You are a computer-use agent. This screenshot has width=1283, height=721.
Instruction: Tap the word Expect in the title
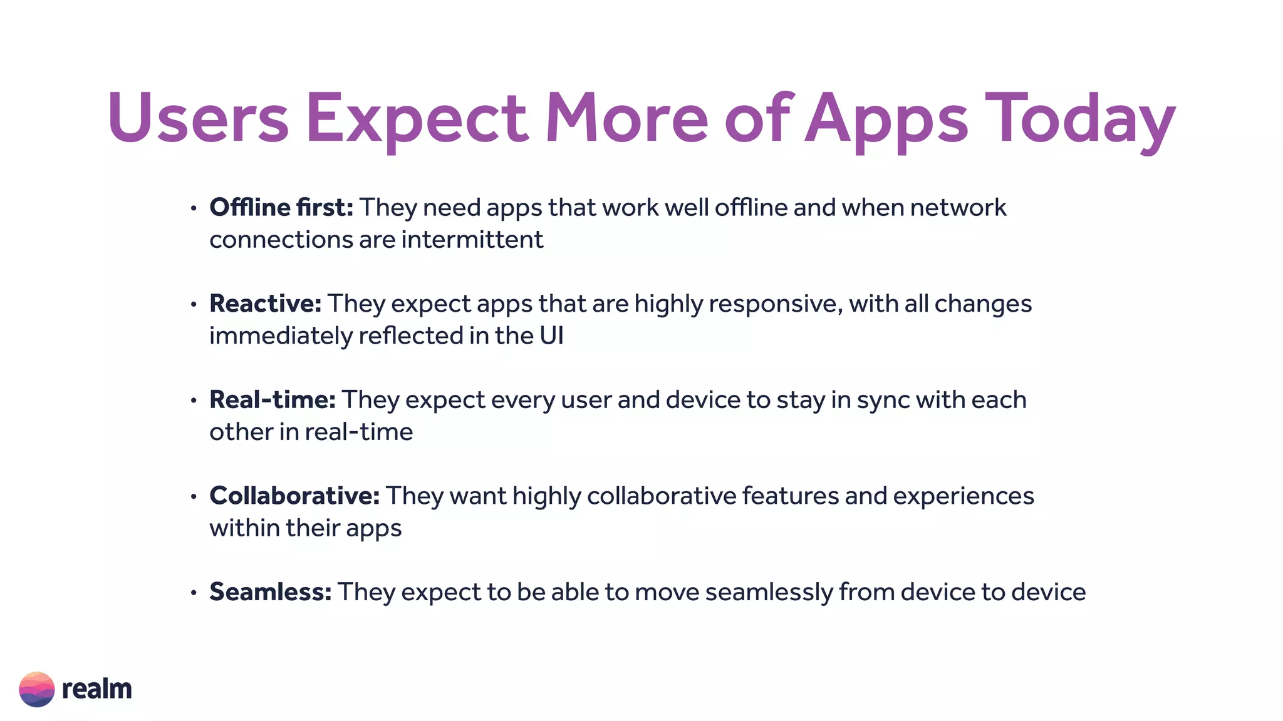click(x=417, y=119)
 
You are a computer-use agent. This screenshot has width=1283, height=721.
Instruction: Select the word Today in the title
click(x=1080, y=119)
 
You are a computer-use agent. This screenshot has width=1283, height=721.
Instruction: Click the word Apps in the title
click(x=886, y=119)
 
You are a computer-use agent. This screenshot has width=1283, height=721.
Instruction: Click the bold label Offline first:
click(x=281, y=207)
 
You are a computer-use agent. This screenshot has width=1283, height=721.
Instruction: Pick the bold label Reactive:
click(x=266, y=304)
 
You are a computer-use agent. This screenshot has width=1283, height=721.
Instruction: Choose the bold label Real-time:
click(x=273, y=399)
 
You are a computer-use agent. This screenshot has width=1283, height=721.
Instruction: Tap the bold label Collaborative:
click(x=294, y=496)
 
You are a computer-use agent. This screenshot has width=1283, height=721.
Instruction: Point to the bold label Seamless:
click(x=271, y=591)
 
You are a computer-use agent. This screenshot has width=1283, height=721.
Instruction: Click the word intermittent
click(x=472, y=240)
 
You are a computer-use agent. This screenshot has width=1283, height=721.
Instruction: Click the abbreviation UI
click(x=551, y=336)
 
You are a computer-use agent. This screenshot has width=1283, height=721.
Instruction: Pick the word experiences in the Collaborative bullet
click(x=964, y=496)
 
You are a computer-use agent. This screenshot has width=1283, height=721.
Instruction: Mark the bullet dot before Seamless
click(x=194, y=592)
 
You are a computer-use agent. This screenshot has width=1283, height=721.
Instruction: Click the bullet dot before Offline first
click(x=194, y=208)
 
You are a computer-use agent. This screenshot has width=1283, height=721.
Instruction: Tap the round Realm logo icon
click(x=37, y=689)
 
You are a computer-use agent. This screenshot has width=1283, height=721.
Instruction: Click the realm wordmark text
click(x=96, y=689)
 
